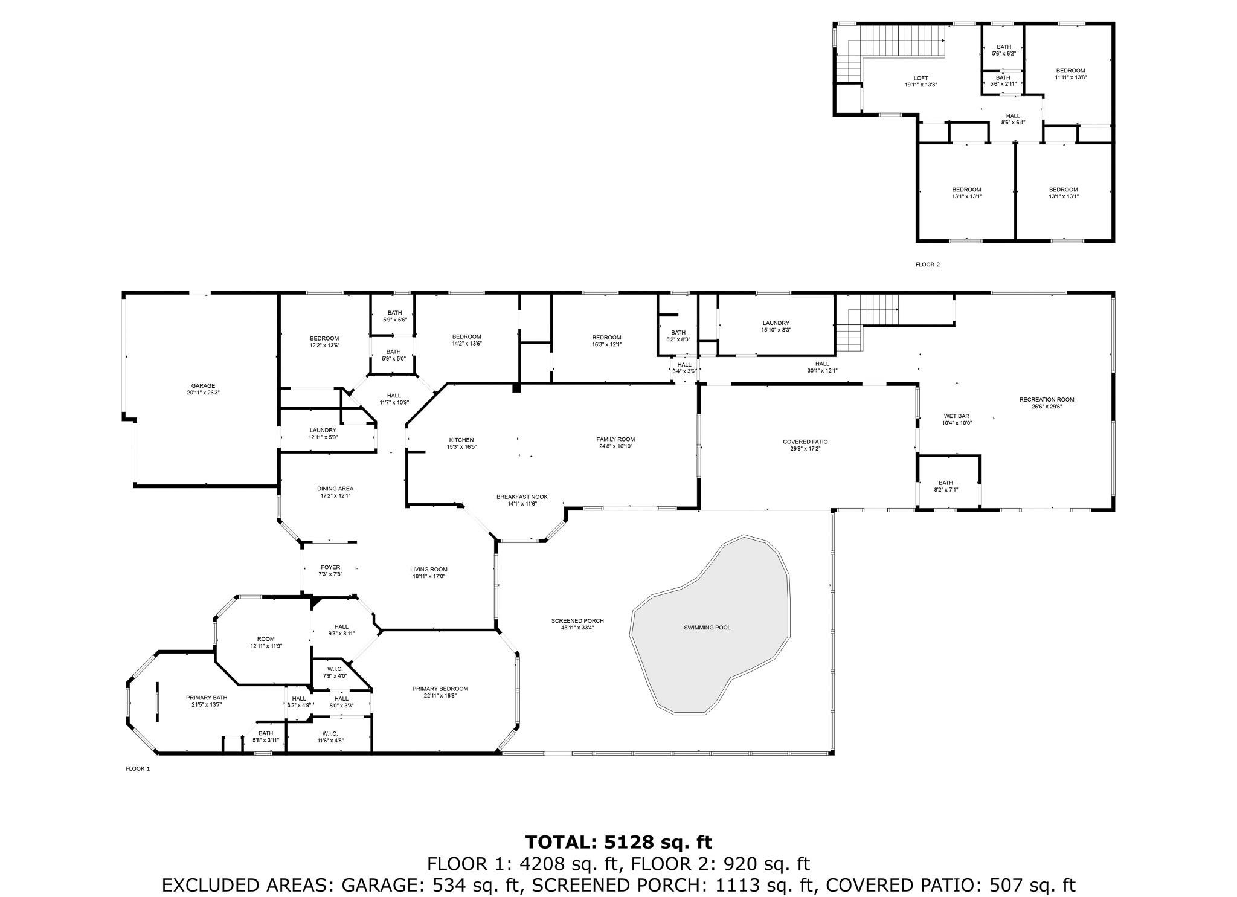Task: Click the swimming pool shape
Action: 710,625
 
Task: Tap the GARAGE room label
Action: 203,386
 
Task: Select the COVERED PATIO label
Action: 805,442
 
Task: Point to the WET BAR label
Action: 957,416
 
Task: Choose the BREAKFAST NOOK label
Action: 513,497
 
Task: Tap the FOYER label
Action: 330,567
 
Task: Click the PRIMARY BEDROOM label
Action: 440,689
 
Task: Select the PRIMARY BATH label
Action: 207,698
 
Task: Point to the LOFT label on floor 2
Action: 921,78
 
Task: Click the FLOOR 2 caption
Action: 928,265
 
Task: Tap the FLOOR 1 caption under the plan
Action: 137,768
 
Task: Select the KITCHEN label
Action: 461,440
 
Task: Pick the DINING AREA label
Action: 335,489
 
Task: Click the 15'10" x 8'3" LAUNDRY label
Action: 776,326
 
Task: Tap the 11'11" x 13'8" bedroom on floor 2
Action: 1070,74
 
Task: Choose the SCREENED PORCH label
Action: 577,620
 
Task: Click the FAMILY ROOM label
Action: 615,439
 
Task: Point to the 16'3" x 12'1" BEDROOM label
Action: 606,341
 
